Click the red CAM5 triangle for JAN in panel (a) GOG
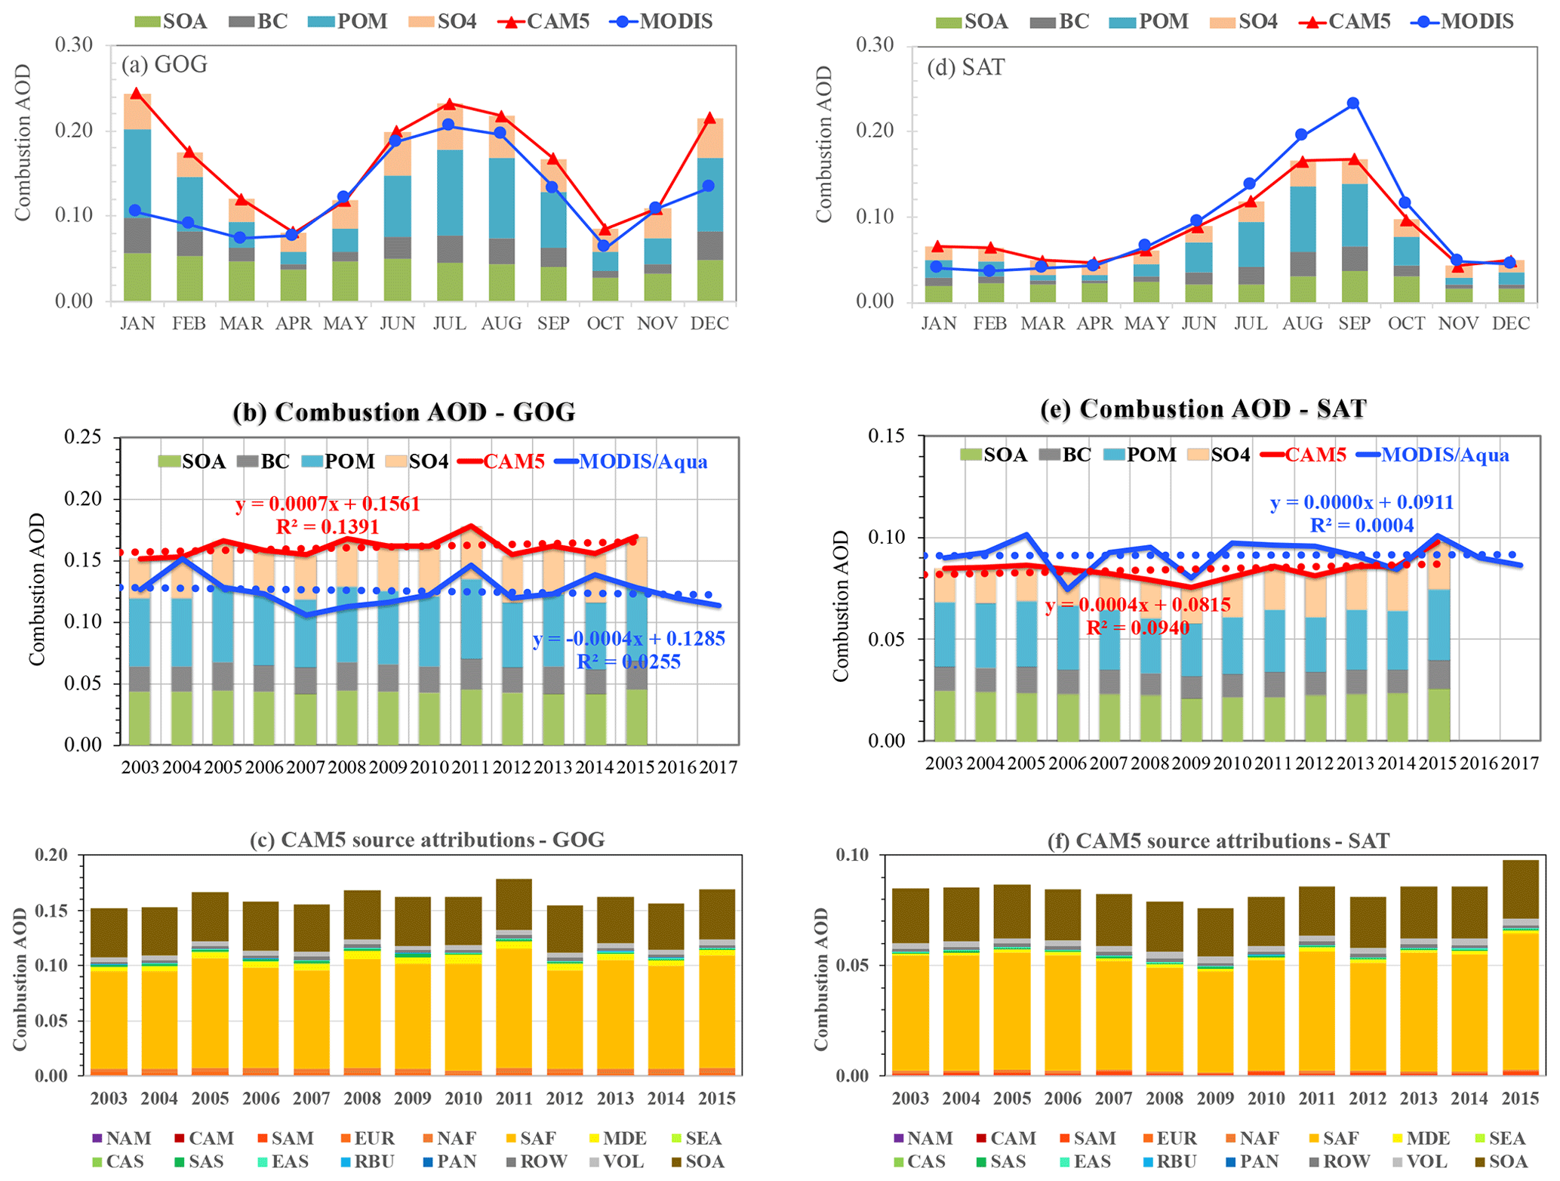[137, 94]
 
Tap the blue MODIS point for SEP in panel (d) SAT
[1353, 103]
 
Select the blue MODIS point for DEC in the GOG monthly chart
[708, 186]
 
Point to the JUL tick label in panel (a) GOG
[449, 324]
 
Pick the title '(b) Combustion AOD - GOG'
[404, 412]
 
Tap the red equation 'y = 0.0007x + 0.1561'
[328, 504]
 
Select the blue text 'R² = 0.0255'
[629, 662]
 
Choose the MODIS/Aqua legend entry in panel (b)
[632, 461]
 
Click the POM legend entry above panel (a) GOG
[349, 21]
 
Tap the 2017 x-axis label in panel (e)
[1520, 763]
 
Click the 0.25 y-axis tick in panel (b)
[83, 437]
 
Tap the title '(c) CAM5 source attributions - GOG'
[427, 840]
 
